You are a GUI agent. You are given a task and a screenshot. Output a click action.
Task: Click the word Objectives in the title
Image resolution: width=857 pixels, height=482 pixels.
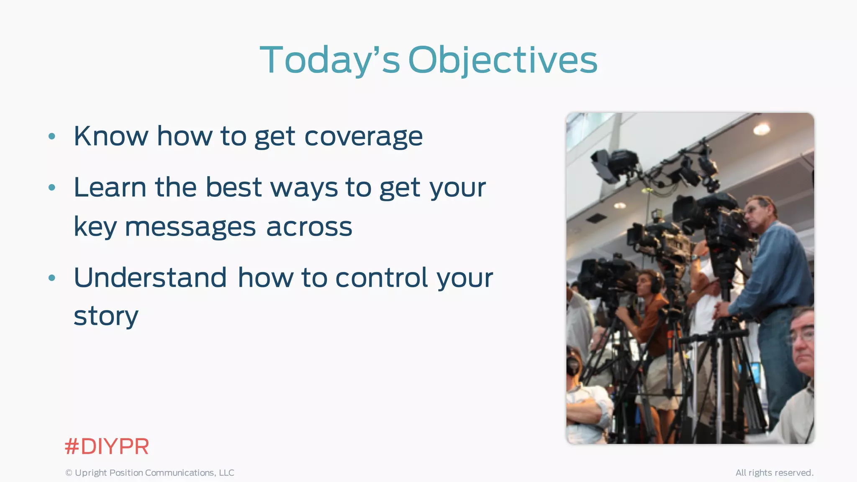pos(503,61)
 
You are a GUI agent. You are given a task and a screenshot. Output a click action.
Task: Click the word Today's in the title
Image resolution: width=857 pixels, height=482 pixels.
pos(330,61)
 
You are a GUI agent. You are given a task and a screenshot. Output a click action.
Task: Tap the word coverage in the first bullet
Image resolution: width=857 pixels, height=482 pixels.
pos(363,137)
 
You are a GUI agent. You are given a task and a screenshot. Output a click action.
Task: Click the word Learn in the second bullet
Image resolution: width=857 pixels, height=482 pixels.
pos(110,187)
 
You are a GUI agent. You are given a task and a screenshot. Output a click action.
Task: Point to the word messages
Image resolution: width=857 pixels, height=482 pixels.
pos(190,227)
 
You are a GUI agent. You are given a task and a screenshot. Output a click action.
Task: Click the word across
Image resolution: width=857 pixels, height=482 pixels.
pos(309,227)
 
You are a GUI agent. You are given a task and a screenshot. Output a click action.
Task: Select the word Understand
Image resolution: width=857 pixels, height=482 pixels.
pos(150,278)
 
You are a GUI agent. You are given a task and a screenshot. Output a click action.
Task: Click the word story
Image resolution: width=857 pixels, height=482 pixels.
pos(106,316)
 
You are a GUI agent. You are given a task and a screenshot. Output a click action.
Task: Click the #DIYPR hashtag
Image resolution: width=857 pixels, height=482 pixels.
pos(107,446)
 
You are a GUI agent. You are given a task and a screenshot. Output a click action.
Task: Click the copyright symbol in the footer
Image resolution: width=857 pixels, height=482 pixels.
pos(69,473)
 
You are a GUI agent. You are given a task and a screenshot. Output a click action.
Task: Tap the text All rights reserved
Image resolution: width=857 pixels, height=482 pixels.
pos(774,473)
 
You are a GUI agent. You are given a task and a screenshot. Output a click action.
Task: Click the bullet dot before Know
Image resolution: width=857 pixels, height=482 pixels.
pos(52,136)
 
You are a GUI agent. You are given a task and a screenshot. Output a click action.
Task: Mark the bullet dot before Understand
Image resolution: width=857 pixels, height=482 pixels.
pos(52,278)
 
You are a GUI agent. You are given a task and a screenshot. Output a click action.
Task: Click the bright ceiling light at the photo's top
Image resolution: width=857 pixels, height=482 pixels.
pos(762,129)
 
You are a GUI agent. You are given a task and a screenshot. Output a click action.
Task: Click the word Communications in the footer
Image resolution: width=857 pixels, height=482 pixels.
pos(180,473)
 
